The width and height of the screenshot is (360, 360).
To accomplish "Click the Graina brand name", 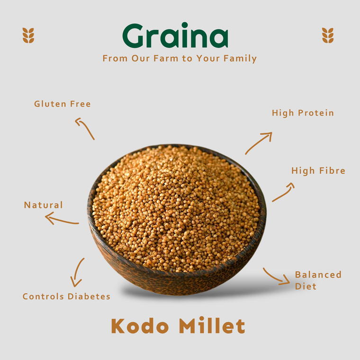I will [x=175, y=36].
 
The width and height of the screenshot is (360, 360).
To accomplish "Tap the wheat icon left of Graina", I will [x=28, y=36].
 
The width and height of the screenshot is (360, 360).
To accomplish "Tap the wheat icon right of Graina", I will [x=328, y=36].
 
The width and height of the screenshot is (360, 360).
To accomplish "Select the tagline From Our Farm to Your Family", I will [x=180, y=59].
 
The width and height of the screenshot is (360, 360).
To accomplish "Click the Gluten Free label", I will [x=62, y=104].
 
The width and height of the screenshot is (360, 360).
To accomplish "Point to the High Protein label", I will [x=303, y=113].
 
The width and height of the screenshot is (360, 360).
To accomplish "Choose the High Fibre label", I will [x=318, y=171].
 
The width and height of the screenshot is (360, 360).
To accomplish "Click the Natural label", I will [x=43, y=205].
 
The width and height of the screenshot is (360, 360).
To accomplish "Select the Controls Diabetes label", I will [x=66, y=297].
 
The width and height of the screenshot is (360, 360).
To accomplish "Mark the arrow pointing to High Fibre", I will [x=283, y=192].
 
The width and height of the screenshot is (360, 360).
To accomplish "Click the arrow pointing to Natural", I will [x=62, y=219].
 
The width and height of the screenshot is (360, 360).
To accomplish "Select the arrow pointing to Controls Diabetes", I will [x=77, y=272].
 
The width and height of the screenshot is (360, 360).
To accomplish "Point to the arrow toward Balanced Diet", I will [x=276, y=277].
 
